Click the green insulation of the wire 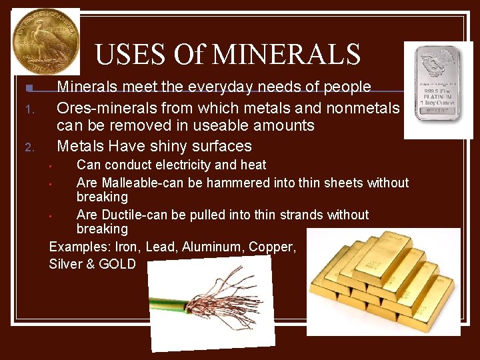tap(167, 308)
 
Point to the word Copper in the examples tap(271, 247)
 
